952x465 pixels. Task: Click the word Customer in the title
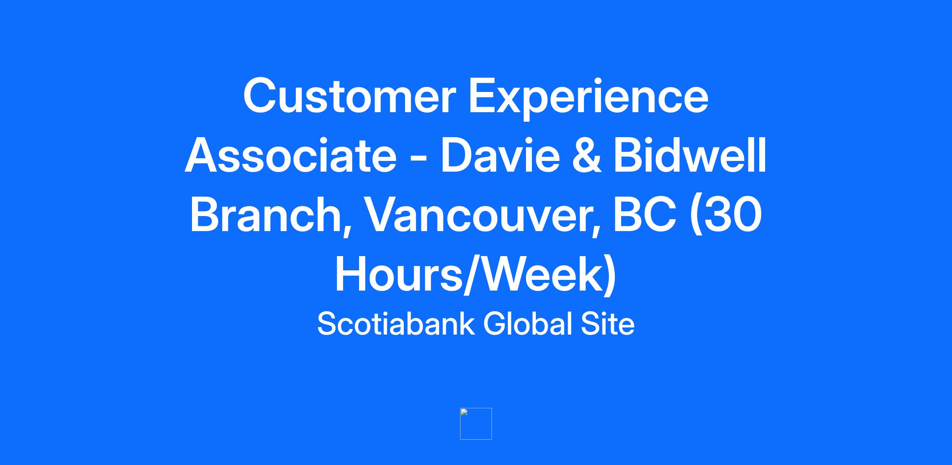(x=347, y=96)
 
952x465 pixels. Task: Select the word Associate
(x=290, y=155)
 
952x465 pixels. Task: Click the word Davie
(x=500, y=155)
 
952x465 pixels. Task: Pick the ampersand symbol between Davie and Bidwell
(x=587, y=155)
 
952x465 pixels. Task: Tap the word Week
(x=537, y=274)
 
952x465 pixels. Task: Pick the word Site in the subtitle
(x=608, y=323)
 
